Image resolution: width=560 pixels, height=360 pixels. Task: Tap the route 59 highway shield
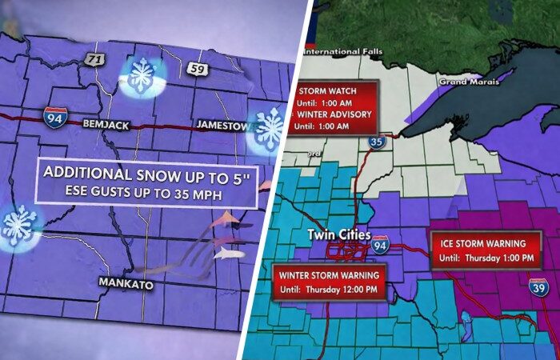pos(198,69)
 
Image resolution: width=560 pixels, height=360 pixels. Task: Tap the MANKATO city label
pos(126,282)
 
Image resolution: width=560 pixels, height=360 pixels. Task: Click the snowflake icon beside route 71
pos(142,76)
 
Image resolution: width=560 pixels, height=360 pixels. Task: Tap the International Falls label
pos(339,53)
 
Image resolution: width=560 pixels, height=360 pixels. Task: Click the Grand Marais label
pos(462,82)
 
